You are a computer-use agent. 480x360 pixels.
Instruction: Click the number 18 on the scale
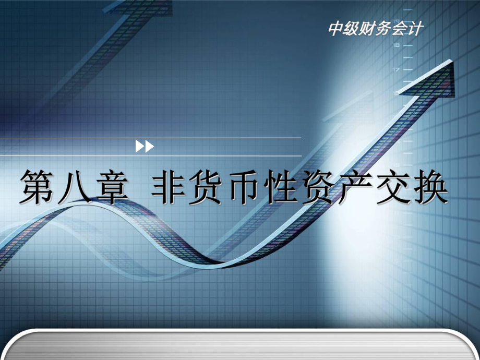397,45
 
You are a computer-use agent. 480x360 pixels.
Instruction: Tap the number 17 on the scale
397,69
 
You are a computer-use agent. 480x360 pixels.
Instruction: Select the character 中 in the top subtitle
336,29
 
